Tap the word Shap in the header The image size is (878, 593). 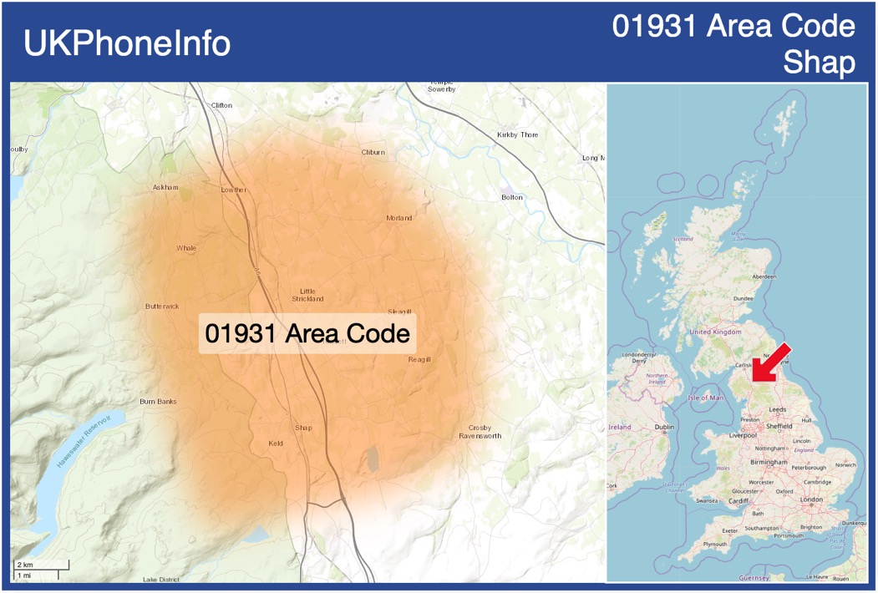(819, 63)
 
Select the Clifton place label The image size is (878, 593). (221, 105)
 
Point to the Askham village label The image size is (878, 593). (165, 187)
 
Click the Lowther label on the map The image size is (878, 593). (234, 190)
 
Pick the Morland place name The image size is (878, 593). (398, 218)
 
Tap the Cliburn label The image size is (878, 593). (373, 152)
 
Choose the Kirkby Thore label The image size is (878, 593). (517, 134)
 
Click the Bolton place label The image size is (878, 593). (511, 197)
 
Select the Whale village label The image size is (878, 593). (186, 248)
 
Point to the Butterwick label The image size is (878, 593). (162, 307)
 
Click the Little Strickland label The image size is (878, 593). (307, 294)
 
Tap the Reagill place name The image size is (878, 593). (419, 359)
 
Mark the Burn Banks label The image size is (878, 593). (158, 402)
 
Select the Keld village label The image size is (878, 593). (276, 443)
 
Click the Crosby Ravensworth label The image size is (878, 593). (480, 432)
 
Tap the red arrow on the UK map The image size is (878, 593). (773, 362)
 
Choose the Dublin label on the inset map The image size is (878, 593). (664, 427)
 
